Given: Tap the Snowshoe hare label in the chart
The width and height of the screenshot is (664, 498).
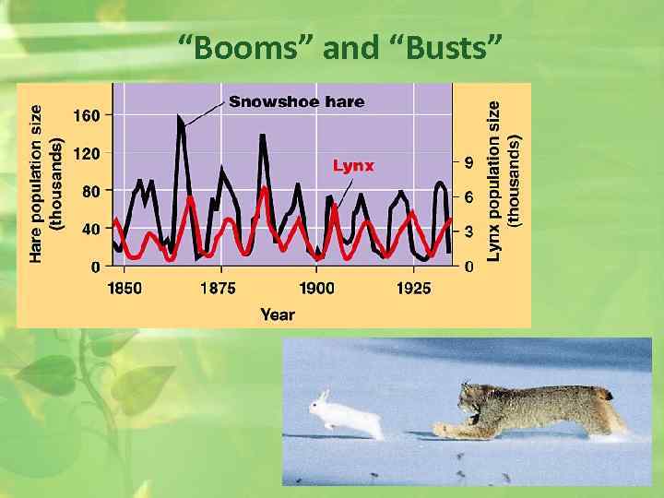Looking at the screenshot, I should tap(296, 101).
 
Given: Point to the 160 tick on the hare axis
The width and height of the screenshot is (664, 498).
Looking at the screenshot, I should tap(88, 115).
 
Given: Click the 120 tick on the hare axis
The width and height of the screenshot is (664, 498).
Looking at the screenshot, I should tap(88, 153).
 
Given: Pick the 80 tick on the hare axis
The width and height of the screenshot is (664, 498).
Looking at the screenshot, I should tap(91, 191).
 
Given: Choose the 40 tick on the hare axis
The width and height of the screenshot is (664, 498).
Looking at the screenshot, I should tap(91, 229).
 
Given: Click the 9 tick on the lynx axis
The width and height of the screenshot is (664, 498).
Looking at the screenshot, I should tap(469, 162).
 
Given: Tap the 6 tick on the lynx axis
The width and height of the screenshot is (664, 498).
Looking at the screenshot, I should tap(469, 197).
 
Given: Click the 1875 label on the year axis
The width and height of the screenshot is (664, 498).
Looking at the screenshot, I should tap(218, 288).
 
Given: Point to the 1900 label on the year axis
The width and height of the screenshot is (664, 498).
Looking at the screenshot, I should tap(316, 288).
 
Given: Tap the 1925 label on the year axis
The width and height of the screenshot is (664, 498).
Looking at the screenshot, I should tap(413, 288).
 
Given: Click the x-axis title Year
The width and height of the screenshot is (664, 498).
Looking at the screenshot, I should tap(277, 314).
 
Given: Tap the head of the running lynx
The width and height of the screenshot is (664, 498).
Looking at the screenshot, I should tap(478, 403).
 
